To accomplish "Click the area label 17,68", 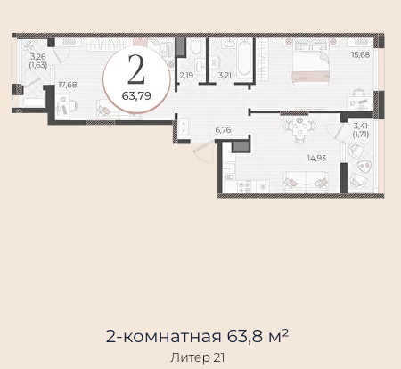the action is (68, 85).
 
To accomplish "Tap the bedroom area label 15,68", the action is (360, 55).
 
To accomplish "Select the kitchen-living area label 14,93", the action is (316, 158).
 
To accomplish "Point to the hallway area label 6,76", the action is (223, 130).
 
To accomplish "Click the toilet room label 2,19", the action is (186, 76).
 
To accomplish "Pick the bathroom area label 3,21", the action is (225, 76).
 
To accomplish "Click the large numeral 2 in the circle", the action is (136, 70).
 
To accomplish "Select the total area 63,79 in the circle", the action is (136, 96).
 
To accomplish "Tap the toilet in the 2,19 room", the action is (196, 46).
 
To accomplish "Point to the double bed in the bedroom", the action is (311, 61).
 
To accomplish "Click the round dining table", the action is (299, 129).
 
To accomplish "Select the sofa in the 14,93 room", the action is (306, 181).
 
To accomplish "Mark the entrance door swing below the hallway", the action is (203, 152).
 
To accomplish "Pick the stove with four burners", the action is (244, 187).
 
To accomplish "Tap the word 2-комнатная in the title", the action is (163, 336).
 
